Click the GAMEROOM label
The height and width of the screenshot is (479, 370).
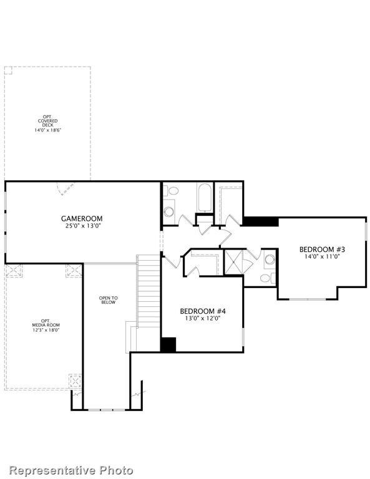81,218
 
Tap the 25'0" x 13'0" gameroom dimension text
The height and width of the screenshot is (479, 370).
81,226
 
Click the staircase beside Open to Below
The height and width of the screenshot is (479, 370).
148,293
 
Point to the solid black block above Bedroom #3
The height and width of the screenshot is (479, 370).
260,221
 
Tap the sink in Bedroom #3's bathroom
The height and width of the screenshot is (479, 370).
270,259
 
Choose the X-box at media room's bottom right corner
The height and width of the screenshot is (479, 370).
74,380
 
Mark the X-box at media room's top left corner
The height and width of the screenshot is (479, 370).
14,271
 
